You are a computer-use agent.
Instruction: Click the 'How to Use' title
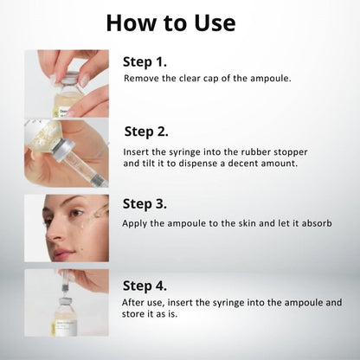170,22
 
